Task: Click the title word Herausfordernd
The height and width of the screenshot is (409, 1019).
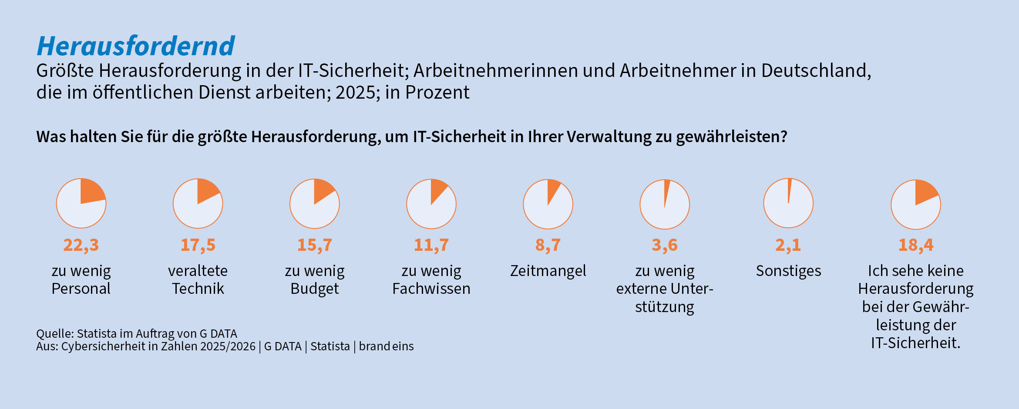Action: tap(136, 46)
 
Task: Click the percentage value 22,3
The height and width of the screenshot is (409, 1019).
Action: tap(81, 245)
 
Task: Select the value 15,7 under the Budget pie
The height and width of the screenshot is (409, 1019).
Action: tap(314, 245)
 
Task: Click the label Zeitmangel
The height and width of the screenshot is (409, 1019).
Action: tap(548, 271)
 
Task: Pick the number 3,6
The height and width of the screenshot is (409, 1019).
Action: tap(665, 245)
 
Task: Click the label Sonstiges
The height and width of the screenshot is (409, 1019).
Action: tap(788, 271)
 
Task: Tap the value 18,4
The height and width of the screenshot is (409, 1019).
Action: tap(916, 245)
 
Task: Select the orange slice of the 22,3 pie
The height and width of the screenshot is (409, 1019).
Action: tap(91, 191)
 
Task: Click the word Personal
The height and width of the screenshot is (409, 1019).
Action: tap(81, 289)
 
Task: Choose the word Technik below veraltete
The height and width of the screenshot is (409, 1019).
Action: tap(198, 289)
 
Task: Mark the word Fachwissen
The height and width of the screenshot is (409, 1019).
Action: tap(431, 289)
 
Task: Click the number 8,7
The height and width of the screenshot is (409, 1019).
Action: tap(548, 245)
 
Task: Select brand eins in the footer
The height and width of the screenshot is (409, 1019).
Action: tap(386, 346)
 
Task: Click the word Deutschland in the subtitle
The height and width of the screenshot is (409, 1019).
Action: tap(816, 70)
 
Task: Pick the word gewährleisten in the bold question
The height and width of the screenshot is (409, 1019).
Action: tap(731, 137)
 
